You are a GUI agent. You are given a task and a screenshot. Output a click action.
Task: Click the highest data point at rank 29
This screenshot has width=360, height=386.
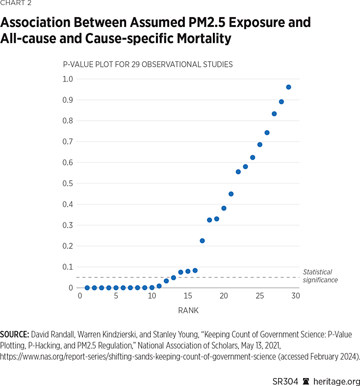click(x=288, y=87)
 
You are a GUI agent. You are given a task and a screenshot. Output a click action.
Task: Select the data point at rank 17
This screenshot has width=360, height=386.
click(x=202, y=241)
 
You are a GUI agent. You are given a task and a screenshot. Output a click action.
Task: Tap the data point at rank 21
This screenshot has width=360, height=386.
click(x=231, y=194)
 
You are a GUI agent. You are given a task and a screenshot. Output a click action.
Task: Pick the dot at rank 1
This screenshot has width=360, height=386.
click(x=87, y=288)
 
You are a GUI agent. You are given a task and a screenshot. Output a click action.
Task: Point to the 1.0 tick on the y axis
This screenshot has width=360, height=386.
click(x=68, y=79)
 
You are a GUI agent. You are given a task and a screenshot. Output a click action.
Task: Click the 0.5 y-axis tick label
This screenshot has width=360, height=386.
click(x=68, y=184)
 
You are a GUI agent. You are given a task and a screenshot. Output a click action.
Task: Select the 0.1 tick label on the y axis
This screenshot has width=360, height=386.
click(x=68, y=267)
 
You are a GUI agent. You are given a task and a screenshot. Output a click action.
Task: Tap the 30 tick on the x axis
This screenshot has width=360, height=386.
click(x=296, y=296)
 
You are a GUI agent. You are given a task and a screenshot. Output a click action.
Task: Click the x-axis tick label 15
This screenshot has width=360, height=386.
click(x=188, y=296)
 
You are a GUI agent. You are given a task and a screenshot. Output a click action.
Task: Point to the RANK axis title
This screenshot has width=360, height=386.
click(x=188, y=311)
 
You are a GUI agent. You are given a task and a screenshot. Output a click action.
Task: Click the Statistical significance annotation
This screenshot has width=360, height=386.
click(x=320, y=276)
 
